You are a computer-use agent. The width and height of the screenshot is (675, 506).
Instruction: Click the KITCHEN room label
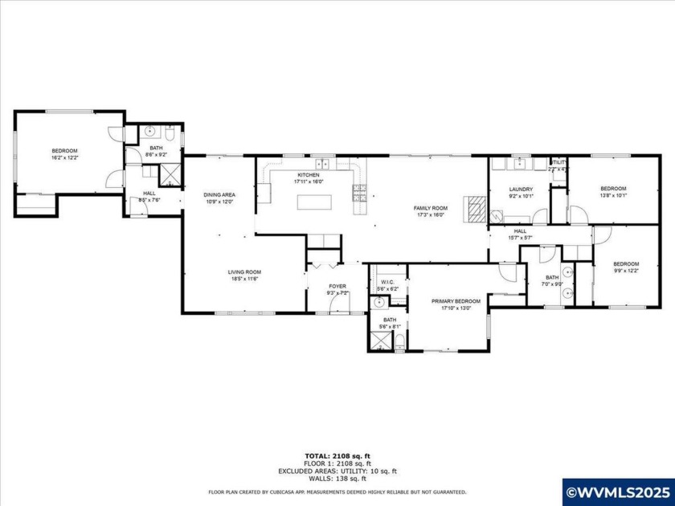pos(309,174)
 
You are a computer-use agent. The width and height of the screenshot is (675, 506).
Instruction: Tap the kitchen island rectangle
pos(314,202)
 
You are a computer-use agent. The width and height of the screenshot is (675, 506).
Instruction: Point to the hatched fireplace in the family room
pos(477,208)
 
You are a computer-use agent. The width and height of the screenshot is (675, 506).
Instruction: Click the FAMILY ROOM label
pos(431,207)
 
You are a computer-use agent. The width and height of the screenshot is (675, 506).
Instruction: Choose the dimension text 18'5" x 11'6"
pos(244,280)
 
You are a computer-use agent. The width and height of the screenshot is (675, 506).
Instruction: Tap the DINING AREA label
pos(219,194)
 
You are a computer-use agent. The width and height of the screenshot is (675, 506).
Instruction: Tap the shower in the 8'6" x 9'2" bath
pos(171,172)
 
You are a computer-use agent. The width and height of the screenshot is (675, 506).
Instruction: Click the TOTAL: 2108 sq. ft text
pos(337,455)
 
